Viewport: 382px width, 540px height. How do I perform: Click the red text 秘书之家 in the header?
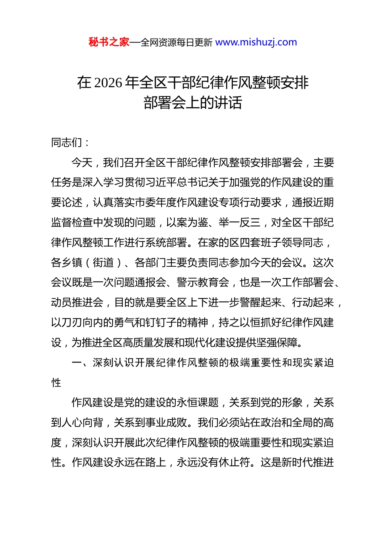(109, 42)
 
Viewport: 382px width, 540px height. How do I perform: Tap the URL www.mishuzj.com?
(256, 42)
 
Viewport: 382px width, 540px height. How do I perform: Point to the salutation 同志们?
(67, 143)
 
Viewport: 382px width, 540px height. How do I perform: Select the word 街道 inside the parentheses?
(103, 263)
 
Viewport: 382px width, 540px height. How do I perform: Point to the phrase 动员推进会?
(77, 303)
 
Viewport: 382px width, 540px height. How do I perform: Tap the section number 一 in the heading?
(77, 363)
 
